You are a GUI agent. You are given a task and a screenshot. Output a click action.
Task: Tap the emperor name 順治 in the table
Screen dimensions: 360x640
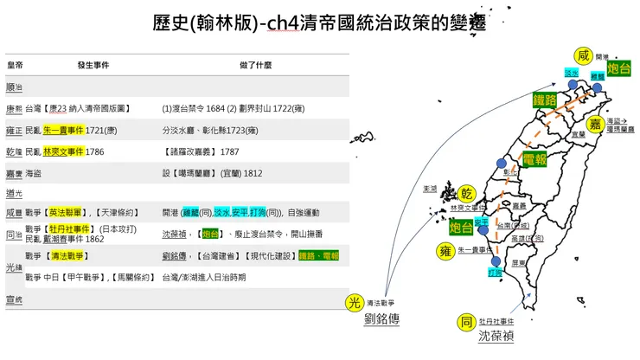click(x=15, y=87)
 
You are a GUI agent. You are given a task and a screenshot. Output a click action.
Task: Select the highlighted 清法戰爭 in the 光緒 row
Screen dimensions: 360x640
click(x=69, y=256)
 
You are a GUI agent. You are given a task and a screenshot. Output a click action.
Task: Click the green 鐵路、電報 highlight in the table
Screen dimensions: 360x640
click(x=319, y=256)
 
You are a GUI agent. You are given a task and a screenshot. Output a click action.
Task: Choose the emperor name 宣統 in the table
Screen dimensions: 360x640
click(x=15, y=299)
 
